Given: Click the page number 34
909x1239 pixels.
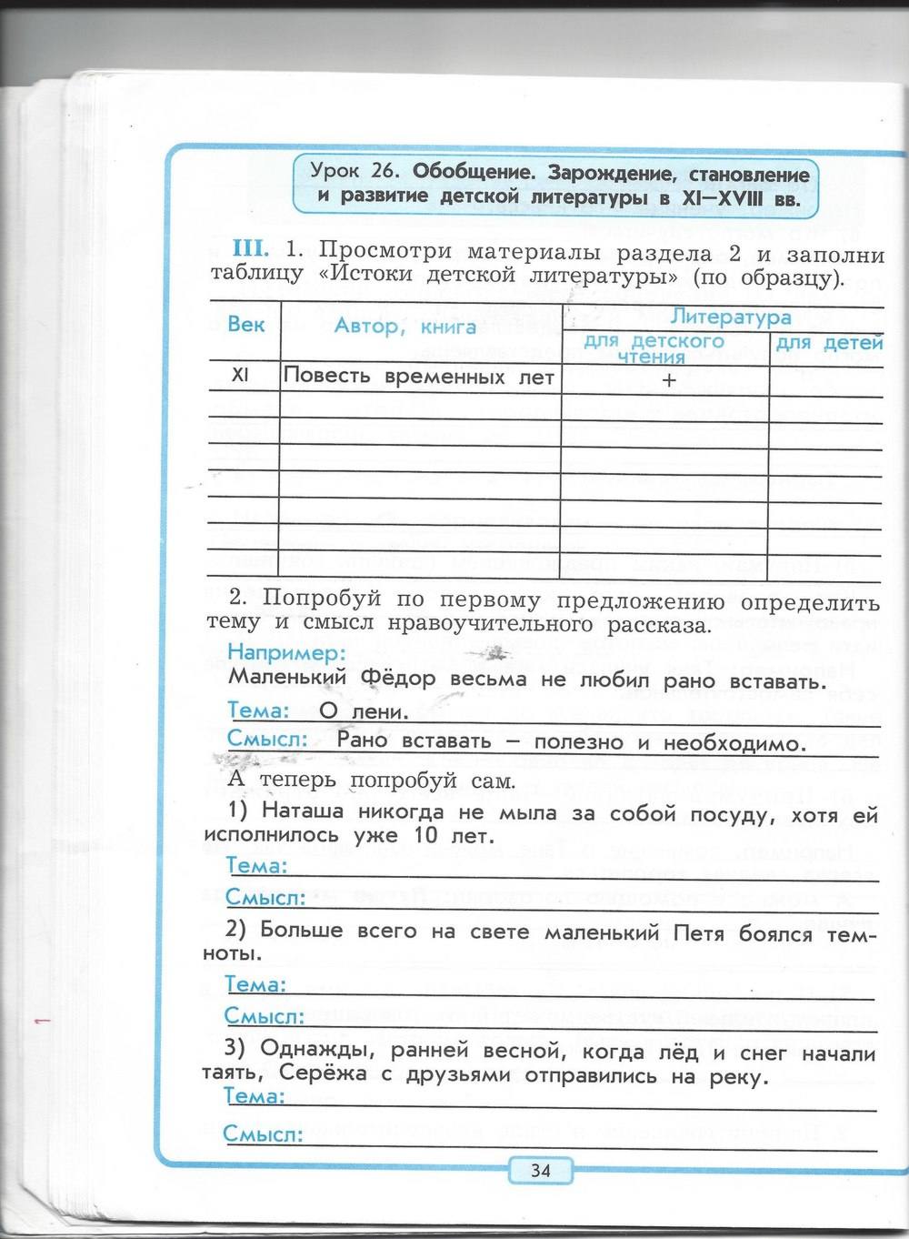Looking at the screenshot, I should click(x=541, y=1170).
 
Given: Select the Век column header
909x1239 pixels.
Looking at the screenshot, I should click(x=246, y=325).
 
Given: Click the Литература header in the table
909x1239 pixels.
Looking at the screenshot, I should click(x=731, y=317).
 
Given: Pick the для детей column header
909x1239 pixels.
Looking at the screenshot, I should click(x=828, y=343).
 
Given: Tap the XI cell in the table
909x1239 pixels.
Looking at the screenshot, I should click(x=240, y=375).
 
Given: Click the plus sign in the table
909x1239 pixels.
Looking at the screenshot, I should click(x=669, y=381).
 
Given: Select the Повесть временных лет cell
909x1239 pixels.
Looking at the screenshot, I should click(x=419, y=377).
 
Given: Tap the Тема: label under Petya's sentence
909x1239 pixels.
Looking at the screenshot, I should click(x=256, y=984).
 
